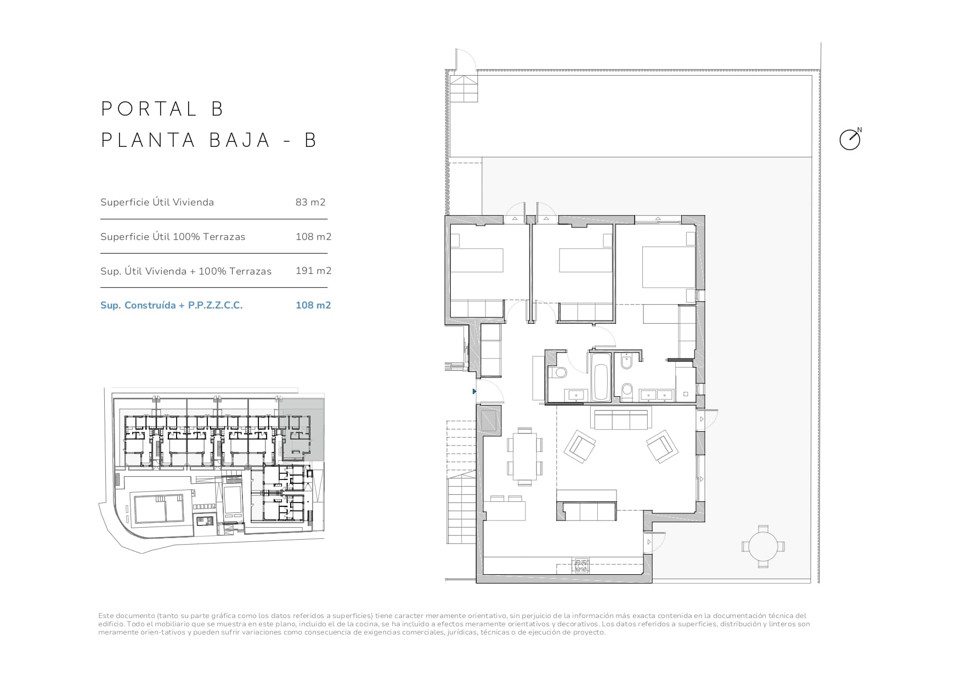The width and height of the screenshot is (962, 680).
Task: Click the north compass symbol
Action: (x=850, y=140)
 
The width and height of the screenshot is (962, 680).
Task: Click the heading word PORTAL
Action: (x=149, y=109)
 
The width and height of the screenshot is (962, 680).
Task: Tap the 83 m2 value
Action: (x=310, y=202)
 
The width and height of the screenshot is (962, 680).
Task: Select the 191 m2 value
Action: (x=313, y=271)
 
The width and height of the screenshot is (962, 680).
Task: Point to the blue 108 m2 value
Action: (x=313, y=305)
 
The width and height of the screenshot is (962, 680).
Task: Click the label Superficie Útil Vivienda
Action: (x=157, y=202)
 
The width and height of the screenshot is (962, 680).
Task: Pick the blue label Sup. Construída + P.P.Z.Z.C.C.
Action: (x=171, y=305)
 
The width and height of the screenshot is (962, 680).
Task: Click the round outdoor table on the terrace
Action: (x=763, y=546)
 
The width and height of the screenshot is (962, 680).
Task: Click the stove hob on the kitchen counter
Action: (x=581, y=565)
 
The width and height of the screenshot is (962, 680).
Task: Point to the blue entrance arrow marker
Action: (x=474, y=391)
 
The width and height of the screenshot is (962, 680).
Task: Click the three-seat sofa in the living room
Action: (x=620, y=419)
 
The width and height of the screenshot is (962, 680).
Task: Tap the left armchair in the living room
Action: (x=580, y=447)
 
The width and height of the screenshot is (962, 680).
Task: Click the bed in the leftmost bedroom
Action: (x=477, y=260)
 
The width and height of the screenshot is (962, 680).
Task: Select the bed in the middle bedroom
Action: (x=585, y=260)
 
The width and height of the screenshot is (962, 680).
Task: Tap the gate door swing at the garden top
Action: (x=466, y=60)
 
